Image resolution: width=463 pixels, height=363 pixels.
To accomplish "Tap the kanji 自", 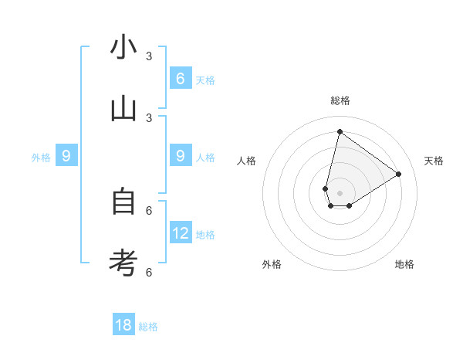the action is point(123,202).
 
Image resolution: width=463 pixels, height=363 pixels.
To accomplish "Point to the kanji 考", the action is point(123,263).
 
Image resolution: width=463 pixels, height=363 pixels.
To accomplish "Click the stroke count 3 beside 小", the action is point(149,56).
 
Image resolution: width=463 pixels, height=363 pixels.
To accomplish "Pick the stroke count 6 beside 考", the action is point(149,272).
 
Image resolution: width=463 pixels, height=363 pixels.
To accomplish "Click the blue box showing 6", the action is point(180,78).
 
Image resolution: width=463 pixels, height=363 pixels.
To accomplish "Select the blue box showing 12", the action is point(180,232).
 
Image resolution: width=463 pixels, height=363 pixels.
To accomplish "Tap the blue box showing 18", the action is point(123,325).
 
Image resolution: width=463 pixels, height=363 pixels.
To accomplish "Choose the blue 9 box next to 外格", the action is point(66,156).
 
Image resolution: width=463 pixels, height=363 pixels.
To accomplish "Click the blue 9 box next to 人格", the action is point(180,156).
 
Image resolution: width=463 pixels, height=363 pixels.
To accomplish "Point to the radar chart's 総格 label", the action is point(340,100).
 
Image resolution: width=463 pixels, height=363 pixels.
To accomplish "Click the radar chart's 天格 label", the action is point(434,161).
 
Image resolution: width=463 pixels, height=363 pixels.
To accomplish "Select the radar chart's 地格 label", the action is point(404,264).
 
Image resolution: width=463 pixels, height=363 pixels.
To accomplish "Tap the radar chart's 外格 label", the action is point(272,264).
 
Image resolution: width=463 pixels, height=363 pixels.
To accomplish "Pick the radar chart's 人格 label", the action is point(247,161).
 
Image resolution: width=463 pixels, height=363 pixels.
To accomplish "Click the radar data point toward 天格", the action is point(398,175).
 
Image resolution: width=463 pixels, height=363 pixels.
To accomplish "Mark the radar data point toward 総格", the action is point(340,131).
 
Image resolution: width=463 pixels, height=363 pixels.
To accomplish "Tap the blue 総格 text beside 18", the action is point(148,327).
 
